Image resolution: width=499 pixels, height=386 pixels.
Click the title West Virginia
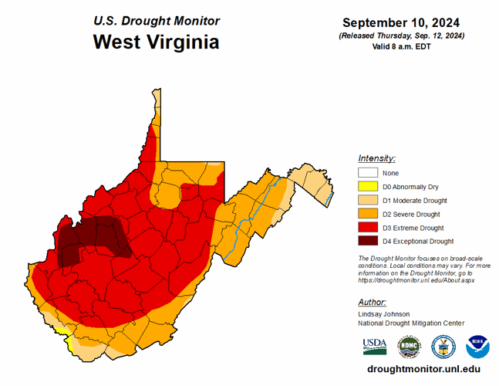[156, 42]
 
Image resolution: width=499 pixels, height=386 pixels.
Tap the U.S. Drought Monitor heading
[156, 21]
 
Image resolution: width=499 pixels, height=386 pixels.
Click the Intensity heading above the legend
[377, 157]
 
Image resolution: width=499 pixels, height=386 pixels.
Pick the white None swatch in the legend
[368, 173]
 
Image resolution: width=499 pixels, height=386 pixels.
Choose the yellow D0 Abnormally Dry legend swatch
[368, 187]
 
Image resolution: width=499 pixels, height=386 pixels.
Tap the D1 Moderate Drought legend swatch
[368, 201]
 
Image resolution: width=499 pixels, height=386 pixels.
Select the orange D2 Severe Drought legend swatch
[368, 214]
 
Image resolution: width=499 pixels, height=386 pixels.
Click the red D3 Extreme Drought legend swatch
[368, 228]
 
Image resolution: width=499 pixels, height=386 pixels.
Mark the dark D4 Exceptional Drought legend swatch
[368, 242]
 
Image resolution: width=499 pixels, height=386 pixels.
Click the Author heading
[373, 302]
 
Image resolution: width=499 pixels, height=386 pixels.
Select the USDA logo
[375, 345]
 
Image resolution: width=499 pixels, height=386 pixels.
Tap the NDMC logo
[409, 345]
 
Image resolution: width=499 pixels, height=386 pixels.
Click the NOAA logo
[477, 345]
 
